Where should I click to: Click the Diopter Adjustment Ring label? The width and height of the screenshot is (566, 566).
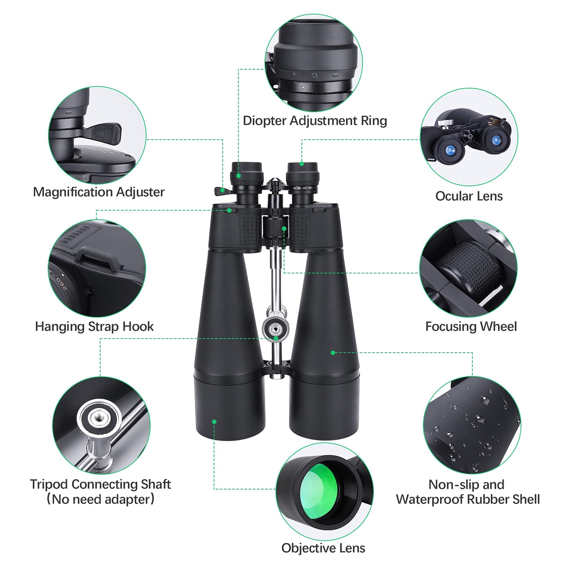tap(315, 121)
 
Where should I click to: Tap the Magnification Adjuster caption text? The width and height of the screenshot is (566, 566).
tap(99, 192)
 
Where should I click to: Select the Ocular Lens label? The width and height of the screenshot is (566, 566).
tap(469, 196)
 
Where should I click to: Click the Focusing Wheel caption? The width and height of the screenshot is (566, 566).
tap(471, 326)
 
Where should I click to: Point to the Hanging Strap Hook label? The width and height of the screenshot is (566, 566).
tap(94, 326)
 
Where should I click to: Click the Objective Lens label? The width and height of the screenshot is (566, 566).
tap(323, 548)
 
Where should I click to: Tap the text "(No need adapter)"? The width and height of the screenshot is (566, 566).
tap(100, 499)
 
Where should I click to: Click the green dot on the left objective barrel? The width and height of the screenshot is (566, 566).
tap(214, 421)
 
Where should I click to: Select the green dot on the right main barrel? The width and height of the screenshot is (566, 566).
tap(333, 353)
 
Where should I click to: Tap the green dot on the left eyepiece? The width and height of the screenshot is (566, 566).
tap(239, 176)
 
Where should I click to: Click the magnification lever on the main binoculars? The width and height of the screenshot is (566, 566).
tap(221, 191)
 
